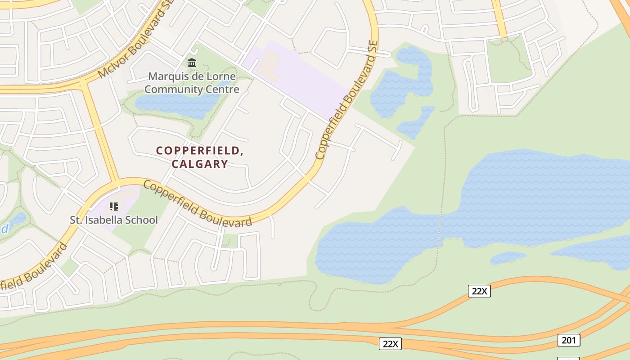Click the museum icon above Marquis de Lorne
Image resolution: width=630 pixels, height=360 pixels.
tap(192, 63)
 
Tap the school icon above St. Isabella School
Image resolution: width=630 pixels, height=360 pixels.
tap(114, 207)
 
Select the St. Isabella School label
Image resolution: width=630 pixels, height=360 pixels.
tap(114, 220)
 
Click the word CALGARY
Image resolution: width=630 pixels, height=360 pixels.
tap(200, 164)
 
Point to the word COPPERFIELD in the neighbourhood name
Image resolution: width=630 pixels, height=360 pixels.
tap(200, 151)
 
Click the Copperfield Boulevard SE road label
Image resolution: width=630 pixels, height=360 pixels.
tap(347, 100)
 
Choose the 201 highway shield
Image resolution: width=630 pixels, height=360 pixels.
tap(569, 340)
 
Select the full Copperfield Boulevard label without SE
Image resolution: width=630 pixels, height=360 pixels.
tap(198, 204)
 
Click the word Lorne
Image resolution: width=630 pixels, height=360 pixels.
tap(220, 76)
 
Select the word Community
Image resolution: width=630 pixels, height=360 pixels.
tap(174, 89)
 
